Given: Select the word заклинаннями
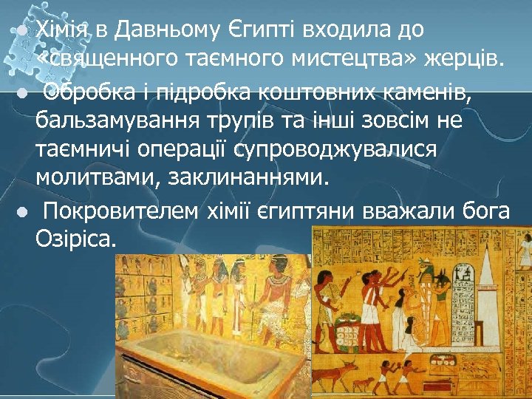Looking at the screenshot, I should coord(256,180).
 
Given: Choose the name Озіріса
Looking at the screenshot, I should coord(75,240).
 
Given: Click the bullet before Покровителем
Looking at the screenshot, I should coord(23,213).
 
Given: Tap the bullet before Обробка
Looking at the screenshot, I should coord(23,94).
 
